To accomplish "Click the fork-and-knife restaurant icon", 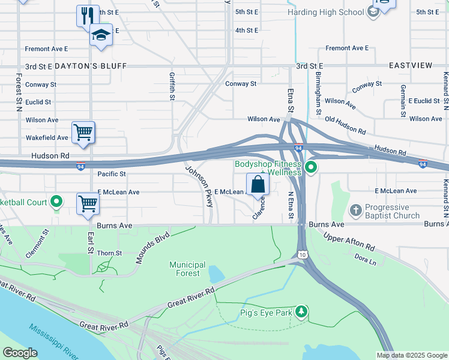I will coord(88,15).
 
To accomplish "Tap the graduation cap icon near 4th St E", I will coord(101,35).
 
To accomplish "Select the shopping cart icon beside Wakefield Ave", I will coord(83,133).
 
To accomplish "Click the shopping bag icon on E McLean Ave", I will coord(258,185).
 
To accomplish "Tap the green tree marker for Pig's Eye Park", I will coord(301,311).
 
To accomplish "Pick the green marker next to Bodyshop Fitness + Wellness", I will coord(310,167).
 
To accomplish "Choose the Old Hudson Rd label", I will coord(345,125).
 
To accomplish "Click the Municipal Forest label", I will coord(187,269).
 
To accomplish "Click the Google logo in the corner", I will coord(20,353).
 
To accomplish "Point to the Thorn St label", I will coord(109,253).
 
